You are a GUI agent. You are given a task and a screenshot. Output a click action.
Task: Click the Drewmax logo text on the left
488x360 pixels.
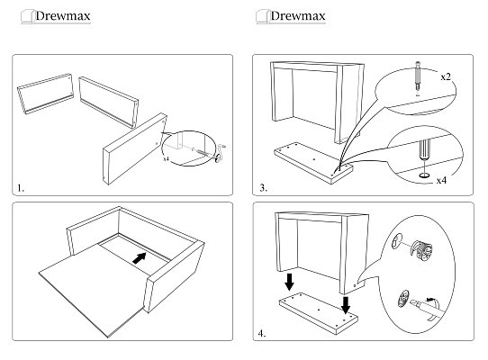click(x=63, y=16)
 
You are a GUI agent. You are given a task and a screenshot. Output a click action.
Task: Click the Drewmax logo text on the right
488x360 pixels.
click(x=298, y=16)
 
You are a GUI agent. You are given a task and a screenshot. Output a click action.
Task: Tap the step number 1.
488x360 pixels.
click(x=21, y=188)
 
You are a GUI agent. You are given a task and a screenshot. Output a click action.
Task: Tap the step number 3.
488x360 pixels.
click(x=263, y=188)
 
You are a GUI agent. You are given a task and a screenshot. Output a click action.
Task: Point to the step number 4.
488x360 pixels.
click(x=262, y=334)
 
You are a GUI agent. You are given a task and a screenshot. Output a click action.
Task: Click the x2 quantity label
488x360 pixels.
click(x=446, y=76)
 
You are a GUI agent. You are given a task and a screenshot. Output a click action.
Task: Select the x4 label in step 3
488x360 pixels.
click(x=441, y=181)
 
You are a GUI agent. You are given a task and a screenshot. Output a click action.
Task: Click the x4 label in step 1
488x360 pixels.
click(x=167, y=159)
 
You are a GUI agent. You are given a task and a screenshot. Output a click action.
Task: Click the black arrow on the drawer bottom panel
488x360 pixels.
click(x=140, y=258)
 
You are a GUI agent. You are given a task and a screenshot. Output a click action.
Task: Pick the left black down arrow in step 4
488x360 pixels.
click(x=289, y=282)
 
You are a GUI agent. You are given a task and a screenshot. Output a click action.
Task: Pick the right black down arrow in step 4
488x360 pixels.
click(x=346, y=305)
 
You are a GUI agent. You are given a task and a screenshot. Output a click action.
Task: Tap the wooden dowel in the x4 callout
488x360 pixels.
click(x=424, y=150)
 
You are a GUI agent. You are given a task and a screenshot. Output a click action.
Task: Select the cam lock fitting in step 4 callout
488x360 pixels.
click(x=421, y=249)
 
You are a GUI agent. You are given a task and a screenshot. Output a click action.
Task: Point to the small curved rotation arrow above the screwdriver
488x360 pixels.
click(x=432, y=299)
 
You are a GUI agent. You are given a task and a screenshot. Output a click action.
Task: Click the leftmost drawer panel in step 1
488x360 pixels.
click(x=45, y=94)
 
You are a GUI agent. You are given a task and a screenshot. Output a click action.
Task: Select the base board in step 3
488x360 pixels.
click(x=313, y=163)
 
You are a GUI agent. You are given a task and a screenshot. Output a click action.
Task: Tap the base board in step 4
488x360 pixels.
click(x=319, y=313)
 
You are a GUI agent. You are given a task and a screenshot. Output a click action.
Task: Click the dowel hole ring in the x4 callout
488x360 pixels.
click(x=424, y=175)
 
